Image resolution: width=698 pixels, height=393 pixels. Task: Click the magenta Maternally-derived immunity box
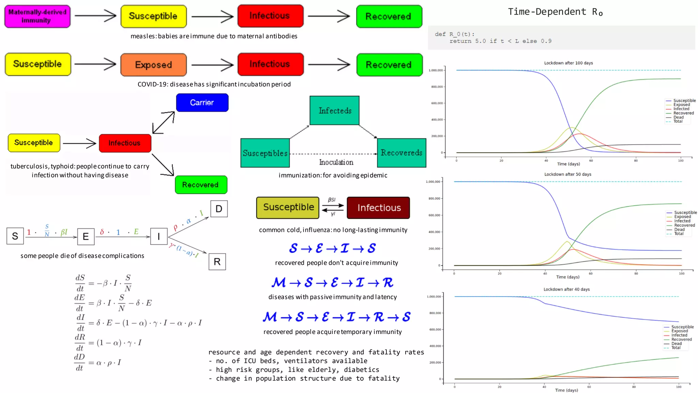coord(37,16)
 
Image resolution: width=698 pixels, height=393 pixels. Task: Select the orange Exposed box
coord(153,65)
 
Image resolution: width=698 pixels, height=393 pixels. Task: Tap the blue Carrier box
coord(202,103)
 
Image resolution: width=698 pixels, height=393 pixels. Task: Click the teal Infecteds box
coord(334,111)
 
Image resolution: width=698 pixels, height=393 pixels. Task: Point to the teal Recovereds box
coord(401,153)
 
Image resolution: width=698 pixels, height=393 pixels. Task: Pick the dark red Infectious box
coord(378,208)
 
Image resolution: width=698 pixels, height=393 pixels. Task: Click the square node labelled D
coord(219,209)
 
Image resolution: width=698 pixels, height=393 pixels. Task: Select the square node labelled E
coord(86,236)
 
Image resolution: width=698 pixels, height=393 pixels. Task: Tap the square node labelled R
coord(217,262)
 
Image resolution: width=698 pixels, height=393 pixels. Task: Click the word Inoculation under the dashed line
coord(336,162)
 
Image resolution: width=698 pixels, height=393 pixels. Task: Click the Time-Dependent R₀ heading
coord(555,12)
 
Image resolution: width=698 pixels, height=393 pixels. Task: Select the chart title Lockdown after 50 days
coord(567,174)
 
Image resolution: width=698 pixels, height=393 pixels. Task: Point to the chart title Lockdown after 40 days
coord(566,289)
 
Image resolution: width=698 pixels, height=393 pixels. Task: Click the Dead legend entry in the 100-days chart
coord(678,117)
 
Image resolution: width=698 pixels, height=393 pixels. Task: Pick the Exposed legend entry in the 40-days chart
coord(679,331)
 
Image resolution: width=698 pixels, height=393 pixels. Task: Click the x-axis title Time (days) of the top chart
coord(568,164)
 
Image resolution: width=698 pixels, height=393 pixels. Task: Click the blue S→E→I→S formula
coord(332,248)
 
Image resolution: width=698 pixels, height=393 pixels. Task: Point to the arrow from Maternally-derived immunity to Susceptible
coord(95,16)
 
